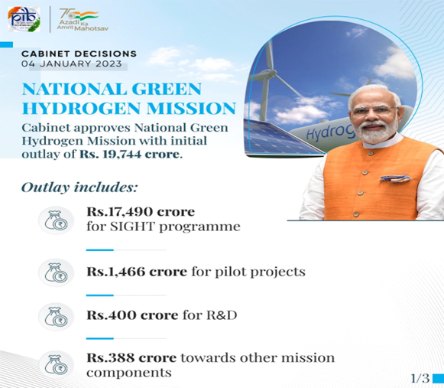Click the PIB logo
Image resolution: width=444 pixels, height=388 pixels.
(x=24, y=19)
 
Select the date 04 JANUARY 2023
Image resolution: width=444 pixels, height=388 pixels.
(x=72, y=64)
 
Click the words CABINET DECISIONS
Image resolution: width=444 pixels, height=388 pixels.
(x=79, y=54)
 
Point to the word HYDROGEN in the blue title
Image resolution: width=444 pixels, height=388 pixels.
(x=82, y=109)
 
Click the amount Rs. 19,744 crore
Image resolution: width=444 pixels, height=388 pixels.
(x=129, y=155)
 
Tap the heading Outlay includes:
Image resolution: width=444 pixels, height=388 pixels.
(x=79, y=187)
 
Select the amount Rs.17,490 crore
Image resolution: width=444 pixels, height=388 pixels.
(x=141, y=211)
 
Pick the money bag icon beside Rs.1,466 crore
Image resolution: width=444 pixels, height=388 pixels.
(x=57, y=272)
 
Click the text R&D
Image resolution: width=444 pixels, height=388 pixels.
(x=222, y=315)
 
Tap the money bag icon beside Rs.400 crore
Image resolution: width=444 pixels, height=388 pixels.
(x=57, y=317)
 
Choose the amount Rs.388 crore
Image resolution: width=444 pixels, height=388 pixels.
(x=131, y=357)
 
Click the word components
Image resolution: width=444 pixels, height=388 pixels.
(x=129, y=373)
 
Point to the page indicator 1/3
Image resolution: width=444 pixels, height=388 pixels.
(x=420, y=378)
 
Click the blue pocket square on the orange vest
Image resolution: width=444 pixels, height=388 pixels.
(x=395, y=178)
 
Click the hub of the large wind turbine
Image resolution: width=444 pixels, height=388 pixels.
(x=268, y=74)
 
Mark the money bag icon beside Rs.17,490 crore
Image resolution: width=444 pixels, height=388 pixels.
(x=57, y=220)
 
